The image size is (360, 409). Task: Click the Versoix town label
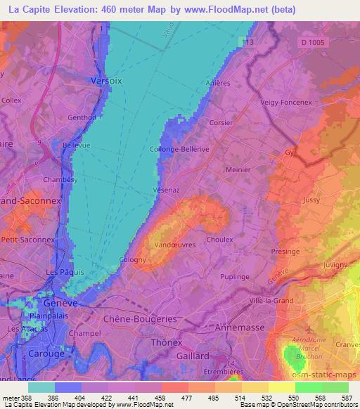[x=107, y=81]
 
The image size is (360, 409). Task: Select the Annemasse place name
[x=240, y=326]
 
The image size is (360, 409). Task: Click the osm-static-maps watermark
[x=332, y=377]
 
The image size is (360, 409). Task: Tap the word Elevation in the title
[x=77, y=10]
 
